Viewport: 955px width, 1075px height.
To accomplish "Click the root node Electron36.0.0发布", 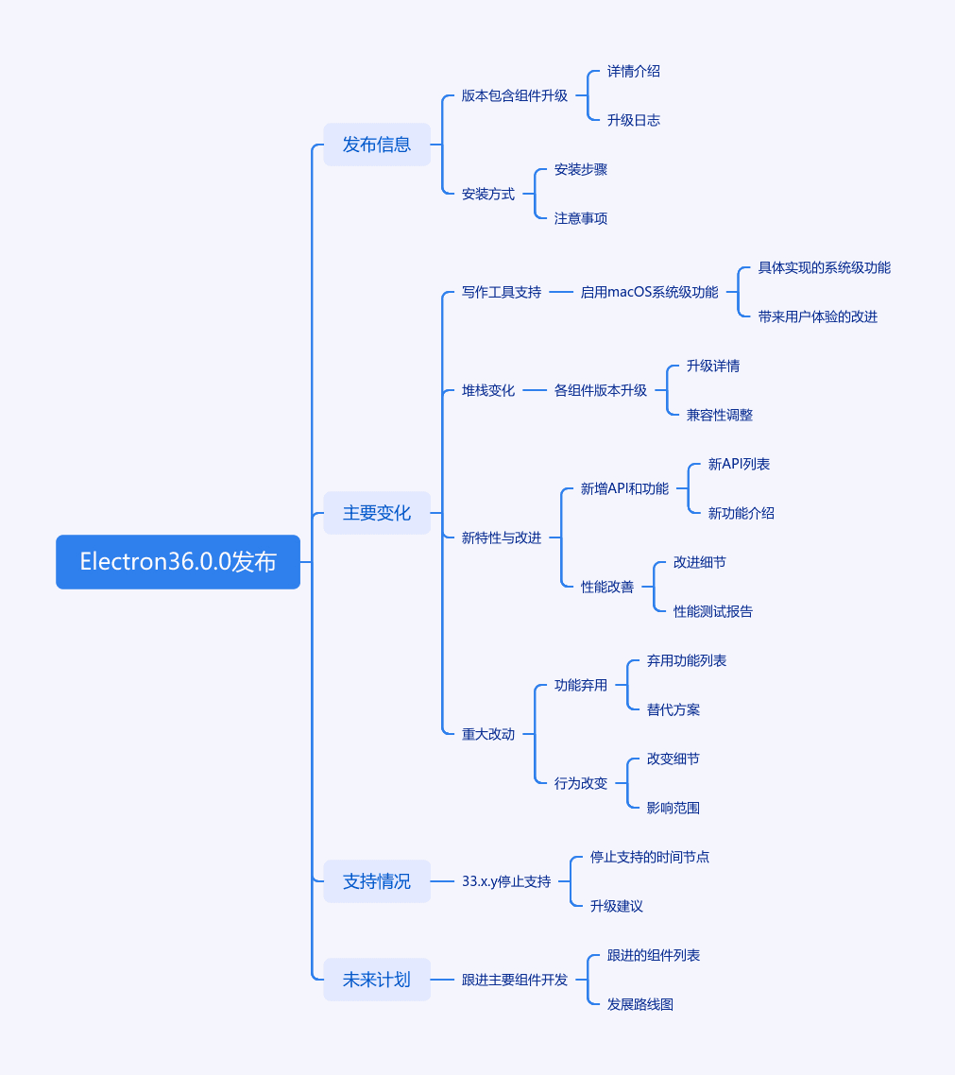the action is [x=179, y=561].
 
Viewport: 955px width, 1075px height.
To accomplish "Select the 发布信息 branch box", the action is [x=377, y=145].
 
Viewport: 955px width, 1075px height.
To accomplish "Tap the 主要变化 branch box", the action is [x=377, y=513].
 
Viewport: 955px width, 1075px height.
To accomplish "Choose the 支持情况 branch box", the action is [x=377, y=881].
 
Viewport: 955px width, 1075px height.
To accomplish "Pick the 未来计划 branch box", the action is [x=377, y=979].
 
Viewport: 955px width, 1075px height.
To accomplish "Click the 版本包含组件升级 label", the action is [x=514, y=96].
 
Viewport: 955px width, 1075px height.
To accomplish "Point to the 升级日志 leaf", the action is [x=634, y=120].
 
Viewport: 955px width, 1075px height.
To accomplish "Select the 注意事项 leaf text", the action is [x=581, y=218].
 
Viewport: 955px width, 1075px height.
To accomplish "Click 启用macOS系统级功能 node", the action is [x=649, y=292].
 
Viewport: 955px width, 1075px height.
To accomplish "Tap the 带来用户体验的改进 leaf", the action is [x=817, y=316].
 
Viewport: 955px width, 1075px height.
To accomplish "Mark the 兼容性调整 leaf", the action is [x=720, y=415].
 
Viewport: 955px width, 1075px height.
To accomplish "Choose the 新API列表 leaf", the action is [x=739, y=464].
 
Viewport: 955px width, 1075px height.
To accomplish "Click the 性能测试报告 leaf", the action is [x=713, y=611].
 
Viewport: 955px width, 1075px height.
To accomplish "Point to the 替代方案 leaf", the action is [x=674, y=709].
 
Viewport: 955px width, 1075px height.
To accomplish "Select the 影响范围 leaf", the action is [x=674, y=808].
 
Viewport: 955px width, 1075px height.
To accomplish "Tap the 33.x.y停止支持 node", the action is [x=506, y=881].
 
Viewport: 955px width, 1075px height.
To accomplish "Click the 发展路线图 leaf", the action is [x=640, y=1004].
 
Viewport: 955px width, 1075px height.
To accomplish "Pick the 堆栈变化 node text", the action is [x=488, y=390].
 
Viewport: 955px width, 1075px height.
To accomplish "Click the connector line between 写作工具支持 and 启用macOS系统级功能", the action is [x=561, y=292].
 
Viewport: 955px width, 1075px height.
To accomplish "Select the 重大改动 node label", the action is [x=488, y=734].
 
